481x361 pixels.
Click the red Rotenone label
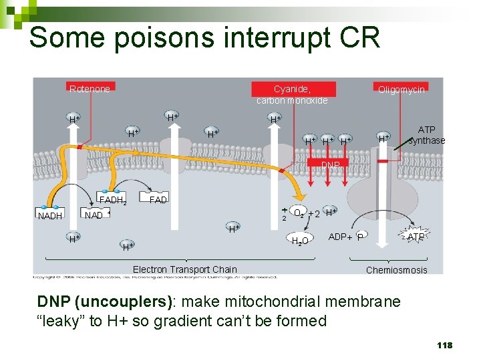point(90,89)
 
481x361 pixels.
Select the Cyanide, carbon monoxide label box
point(292,94)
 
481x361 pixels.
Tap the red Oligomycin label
point(401,89)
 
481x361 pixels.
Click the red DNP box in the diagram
point(329,164)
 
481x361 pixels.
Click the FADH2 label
point(112,200)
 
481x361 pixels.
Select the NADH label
point(50,216)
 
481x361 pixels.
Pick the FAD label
point(158,200)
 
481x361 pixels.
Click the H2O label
point(300,240)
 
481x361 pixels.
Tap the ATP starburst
point(416,237)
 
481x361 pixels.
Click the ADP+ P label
point(346,237)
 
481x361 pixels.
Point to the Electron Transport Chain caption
point(184,269)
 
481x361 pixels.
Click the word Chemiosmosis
point(396,269)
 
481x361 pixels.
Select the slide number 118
point(444,345)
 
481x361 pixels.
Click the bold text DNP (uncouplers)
point(105,302)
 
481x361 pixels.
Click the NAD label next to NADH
point(93,216)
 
